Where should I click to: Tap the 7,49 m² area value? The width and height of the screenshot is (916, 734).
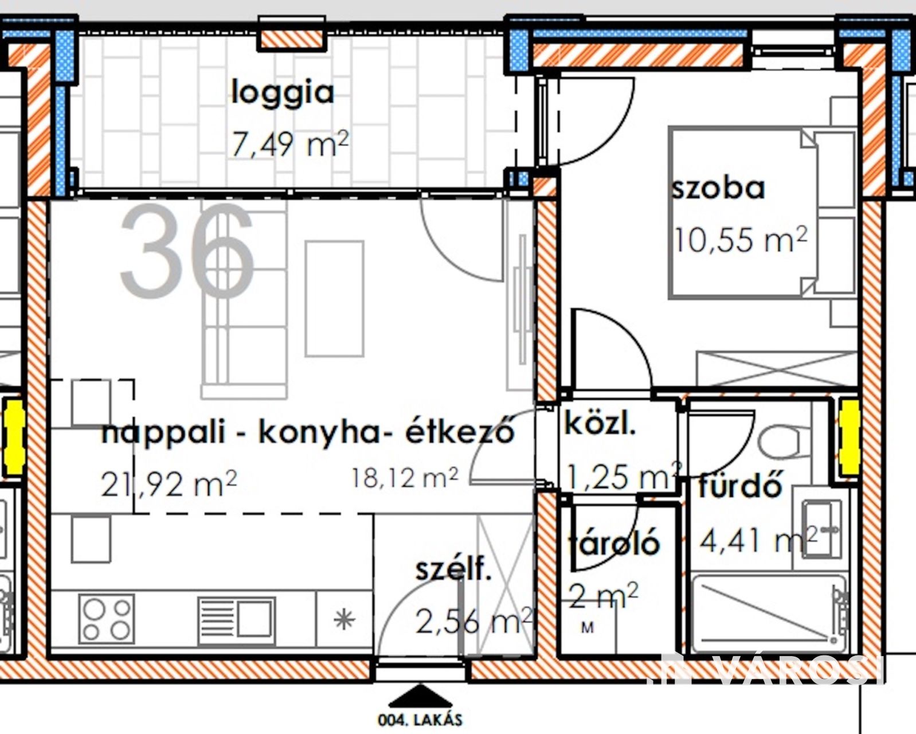290,144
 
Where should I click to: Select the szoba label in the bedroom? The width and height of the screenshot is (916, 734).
718,189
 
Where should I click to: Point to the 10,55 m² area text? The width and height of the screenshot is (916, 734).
741,239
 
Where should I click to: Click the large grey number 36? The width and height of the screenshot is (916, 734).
187,251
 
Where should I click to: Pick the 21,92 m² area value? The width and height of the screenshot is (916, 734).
169,484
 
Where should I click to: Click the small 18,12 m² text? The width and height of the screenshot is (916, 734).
405,478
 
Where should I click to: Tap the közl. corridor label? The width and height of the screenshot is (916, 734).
600,424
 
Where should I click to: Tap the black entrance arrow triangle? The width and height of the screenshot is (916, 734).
420,696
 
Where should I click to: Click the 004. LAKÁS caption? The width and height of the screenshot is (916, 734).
420,720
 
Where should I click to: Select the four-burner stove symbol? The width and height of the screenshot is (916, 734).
107,619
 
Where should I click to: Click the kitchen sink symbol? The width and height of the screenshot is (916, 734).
237,621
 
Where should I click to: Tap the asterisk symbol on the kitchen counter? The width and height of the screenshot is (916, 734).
344,620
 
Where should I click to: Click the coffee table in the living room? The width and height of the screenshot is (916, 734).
335,298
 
